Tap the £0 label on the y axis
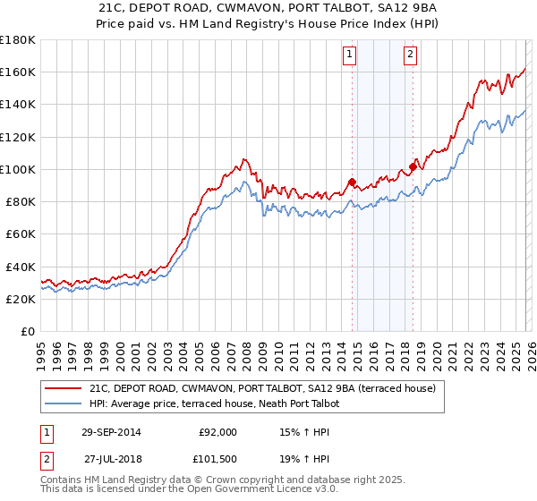point(29,332)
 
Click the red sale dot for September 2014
point(352,183)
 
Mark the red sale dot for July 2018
point(413,166)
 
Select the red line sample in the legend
point(64,389)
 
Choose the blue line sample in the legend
point(64,404)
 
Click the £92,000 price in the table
point(217,432)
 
